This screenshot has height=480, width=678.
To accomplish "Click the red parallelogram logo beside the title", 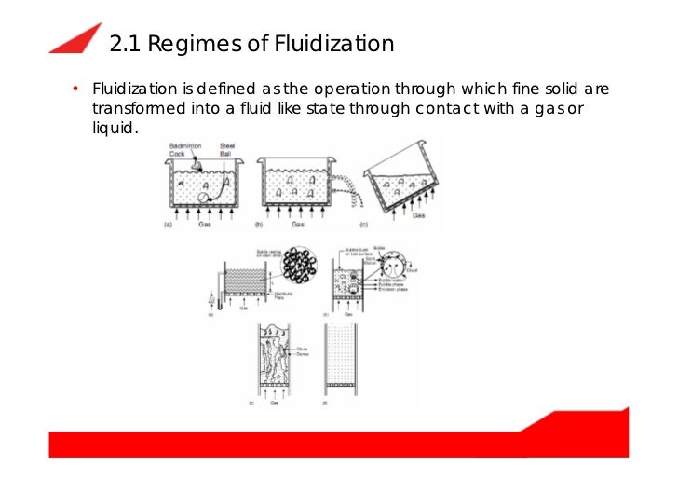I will (x=75, y=38).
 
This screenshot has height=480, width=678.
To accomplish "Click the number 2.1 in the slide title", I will (x=125, y=44).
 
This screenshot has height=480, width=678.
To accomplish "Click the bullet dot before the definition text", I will (x=74, y=90).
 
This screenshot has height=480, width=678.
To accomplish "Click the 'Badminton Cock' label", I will (x=183, y=150).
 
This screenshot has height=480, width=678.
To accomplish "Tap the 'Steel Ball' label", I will (x=227, y=150).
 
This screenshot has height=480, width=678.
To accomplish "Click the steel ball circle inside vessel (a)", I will (x=204, y=197).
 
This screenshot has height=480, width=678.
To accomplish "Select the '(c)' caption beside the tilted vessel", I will (x=363, y=225).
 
